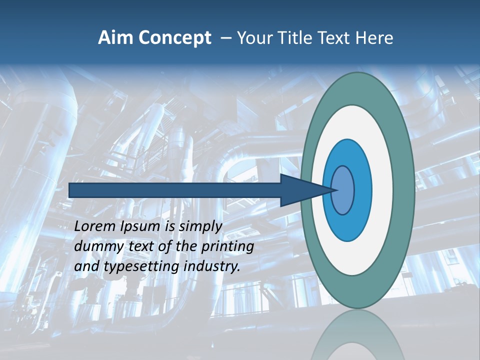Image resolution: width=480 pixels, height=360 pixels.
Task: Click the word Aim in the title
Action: tap(114, 38)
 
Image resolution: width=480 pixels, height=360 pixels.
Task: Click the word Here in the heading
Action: tap(374, 38)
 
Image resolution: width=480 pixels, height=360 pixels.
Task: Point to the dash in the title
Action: tap(225, 38)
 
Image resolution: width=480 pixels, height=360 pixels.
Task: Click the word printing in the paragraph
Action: tap(227, 246)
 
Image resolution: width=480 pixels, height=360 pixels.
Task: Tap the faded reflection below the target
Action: tap(357, 335)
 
